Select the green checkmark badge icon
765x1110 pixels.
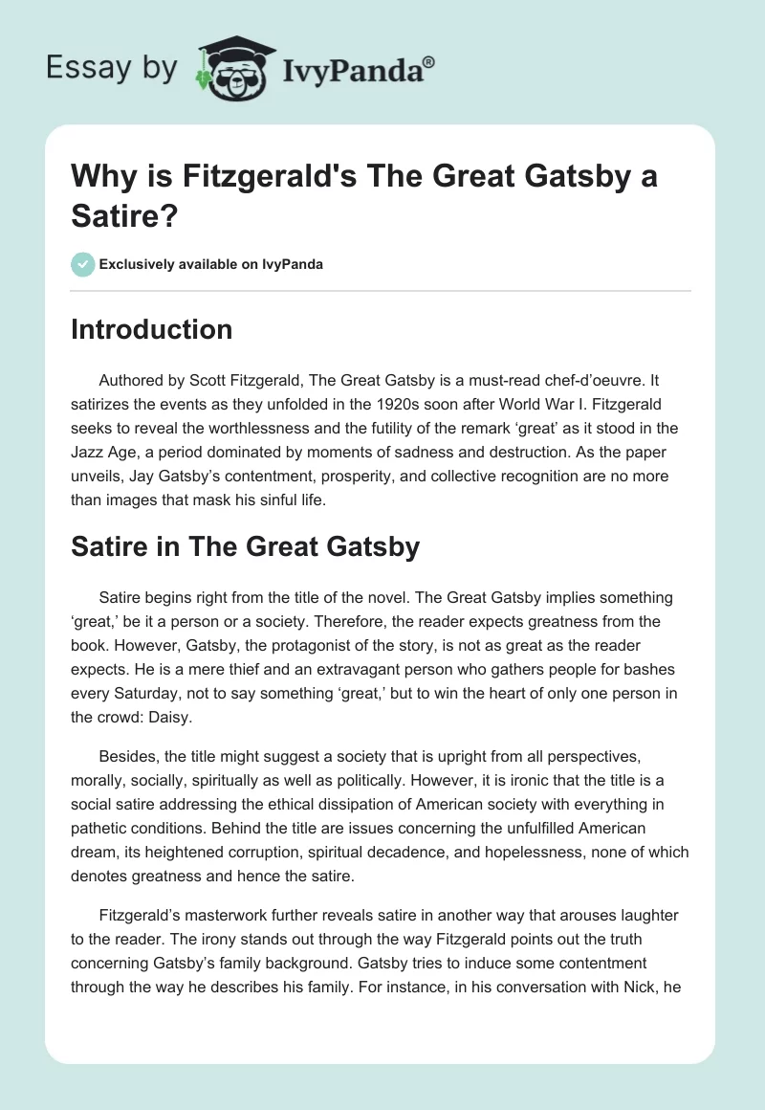pyautogui.click(x=82, y=264)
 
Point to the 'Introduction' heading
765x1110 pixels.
pyautogui.click(x=152, y=329)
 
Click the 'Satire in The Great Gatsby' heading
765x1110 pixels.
pyautogui.click(x=246, y=546)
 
